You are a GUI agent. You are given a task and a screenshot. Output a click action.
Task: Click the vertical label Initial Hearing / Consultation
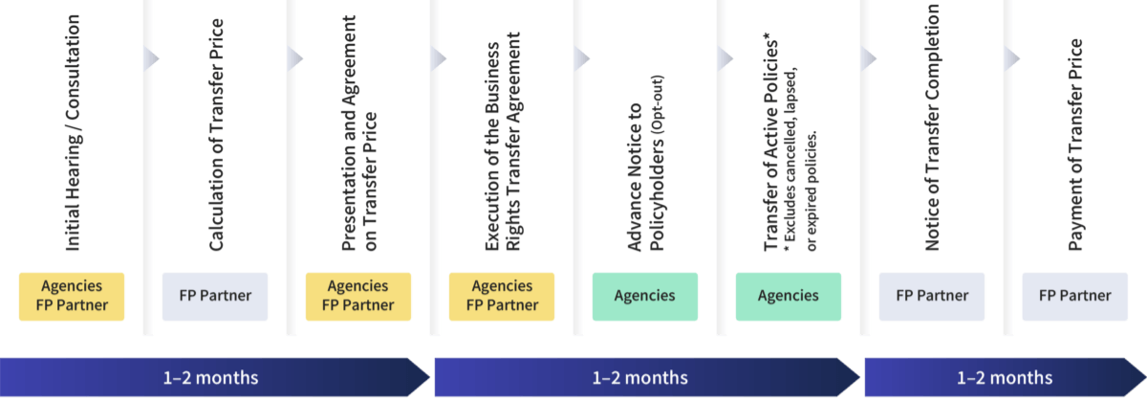point(73,134)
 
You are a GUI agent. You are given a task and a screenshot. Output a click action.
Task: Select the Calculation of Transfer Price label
point(216,134)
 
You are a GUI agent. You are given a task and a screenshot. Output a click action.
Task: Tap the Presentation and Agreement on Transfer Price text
point(359,134)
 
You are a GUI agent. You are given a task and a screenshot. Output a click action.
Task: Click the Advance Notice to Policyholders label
point(645,163)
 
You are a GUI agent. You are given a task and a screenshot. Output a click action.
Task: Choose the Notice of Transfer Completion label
point(933,129)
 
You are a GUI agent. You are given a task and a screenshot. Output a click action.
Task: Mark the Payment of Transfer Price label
point(1076,144)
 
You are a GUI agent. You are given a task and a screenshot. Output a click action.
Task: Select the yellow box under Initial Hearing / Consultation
point(72,297)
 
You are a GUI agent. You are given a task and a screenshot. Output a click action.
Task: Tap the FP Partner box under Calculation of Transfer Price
point(215,297)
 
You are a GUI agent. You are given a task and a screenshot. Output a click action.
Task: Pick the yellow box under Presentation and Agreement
point(358,297)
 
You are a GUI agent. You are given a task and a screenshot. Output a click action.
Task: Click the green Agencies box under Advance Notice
point(645,297)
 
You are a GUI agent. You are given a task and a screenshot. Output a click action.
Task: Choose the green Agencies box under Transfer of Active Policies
point(789,297)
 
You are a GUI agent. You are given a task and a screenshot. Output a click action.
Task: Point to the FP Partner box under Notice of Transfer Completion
point(932,297)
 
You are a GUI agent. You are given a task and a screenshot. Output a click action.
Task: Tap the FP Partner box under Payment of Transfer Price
point(1075,297)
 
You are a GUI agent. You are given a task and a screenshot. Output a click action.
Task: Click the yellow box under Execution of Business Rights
point(502,297)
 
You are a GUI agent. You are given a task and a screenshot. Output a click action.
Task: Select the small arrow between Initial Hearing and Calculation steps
point(152,59)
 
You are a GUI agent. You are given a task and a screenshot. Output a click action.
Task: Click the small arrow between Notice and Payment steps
point(1012,59)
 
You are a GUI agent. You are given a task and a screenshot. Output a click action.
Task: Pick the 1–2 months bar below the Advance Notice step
point(640,377)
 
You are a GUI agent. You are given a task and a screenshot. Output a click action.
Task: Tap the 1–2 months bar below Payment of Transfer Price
point(1004,377)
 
